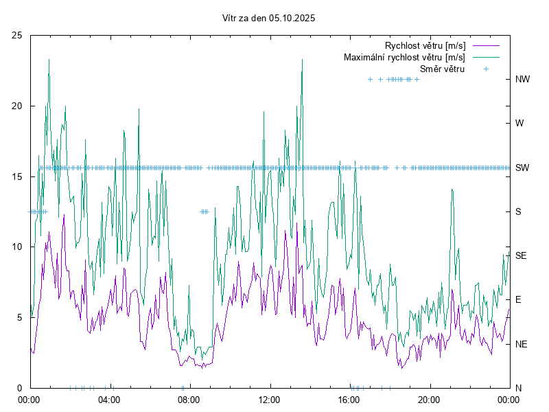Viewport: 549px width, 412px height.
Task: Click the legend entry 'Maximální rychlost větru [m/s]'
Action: click(x=404, y=57)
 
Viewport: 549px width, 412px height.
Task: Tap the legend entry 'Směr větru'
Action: click(x=442, y=69)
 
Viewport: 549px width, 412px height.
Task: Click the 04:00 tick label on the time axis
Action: click(x=109, y=399)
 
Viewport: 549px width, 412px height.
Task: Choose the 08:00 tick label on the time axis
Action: click(x=189, y=399)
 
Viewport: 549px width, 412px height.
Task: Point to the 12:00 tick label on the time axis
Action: click(x=269, y=399)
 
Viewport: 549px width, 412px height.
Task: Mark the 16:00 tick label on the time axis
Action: click(x=349, y=399)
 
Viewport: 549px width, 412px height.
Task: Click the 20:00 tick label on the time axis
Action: click(x=429, y=399)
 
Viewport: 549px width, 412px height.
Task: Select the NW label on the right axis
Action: click(x=522, y=79)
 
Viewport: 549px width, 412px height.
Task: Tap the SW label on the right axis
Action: click(x=522, y=168)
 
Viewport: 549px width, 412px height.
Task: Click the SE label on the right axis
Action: click(x=521, y=255)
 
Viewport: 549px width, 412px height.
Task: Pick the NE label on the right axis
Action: click(x=521, y=344)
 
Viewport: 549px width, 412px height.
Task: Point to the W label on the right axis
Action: click(x=519, y=124)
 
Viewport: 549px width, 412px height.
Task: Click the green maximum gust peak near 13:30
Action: click(x=302, y=60)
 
